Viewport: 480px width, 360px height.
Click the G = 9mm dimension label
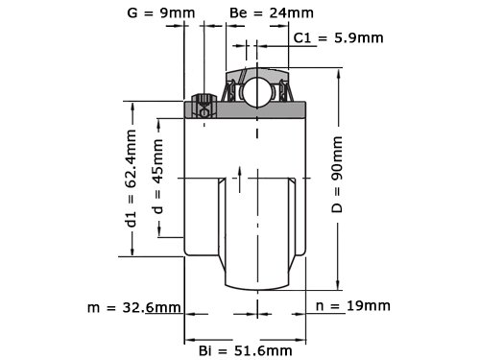[x=161, y=13]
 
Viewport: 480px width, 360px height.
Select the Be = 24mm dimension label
[x=272, y=12]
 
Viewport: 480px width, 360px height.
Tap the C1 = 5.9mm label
[x=338, y=38]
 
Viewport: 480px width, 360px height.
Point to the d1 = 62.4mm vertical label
[x=132, y=179]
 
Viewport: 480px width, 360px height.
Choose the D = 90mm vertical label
[x=337, y=175]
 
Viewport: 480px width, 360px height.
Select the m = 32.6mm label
[x=134, y=308]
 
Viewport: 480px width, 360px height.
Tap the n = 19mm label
[x=353, y=306]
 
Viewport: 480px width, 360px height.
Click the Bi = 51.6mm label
[x=246, y=351]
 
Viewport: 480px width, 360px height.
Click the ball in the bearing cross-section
[x=255, y=92]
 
